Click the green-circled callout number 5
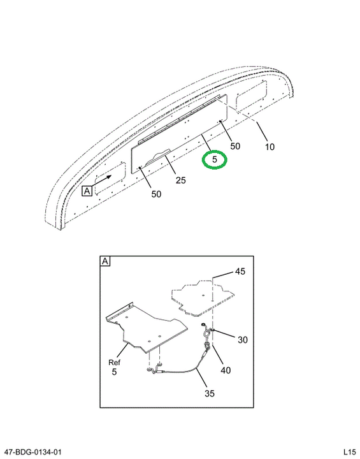point(215,159)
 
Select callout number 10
point(270,147)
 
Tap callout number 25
point(180,180)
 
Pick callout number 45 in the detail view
point(240,272)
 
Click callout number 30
point(243,340)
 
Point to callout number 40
point(226,370)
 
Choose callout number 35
point(210,393)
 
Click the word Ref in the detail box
point(114,362)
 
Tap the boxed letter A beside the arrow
point(87,191)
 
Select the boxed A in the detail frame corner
point(105,261)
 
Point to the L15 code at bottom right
point(349,452)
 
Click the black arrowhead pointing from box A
point(109,177)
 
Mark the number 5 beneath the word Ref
point(114,372)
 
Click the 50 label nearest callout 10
point(235,146)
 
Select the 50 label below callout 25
point(156,194)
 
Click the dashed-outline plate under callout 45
point(203,298)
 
